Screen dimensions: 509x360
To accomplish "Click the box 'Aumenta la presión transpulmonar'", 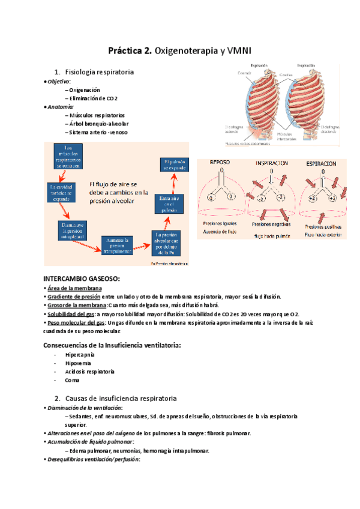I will coord(122,244).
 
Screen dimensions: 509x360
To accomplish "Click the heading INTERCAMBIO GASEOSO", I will coord(82,279).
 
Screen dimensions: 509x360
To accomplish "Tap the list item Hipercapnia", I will coord(80,355).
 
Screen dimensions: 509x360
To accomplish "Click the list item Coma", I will coord(72,381).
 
